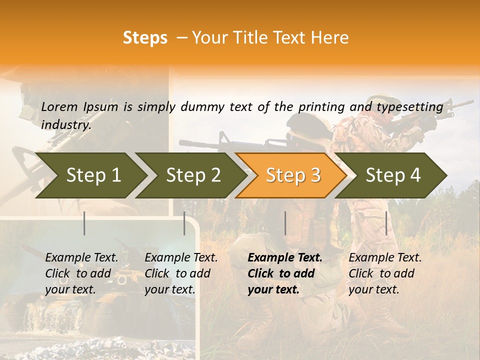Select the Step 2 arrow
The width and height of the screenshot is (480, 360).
pos(193,175)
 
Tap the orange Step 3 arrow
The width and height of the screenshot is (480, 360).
pos(293,175)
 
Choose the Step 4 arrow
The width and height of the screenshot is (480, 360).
pos(393,175)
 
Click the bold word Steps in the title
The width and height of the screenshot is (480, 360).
pos(145,38)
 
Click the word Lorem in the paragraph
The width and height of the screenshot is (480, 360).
pos(59,106)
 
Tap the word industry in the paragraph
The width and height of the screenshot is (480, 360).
pos(65,124)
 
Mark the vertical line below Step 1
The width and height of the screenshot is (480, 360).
pos(84,223)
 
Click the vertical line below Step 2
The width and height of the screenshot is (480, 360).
pos(184,223)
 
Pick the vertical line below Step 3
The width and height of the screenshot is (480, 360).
pos(285,223)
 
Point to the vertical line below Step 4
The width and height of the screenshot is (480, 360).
pos(386,223)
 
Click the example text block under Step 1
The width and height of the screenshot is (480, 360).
pos(81,273)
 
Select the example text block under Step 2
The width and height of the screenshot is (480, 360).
pos(181,273)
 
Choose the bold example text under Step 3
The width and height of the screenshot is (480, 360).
pos(285,273)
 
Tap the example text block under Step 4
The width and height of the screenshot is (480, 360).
pos(385,273)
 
